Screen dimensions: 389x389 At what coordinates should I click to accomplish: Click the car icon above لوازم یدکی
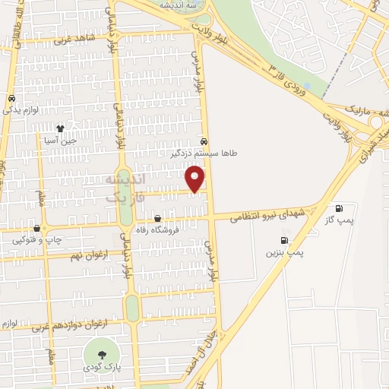click(11, 99)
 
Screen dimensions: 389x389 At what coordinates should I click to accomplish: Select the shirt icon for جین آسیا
click(60, 128)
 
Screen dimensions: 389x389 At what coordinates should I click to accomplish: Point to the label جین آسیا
click(60, 141)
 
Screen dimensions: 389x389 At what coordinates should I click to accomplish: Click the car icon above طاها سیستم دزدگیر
click(204, 141)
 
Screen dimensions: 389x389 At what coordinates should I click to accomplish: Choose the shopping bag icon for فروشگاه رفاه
click(157, 219)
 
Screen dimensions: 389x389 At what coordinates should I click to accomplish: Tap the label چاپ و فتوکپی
click(29, 240)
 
